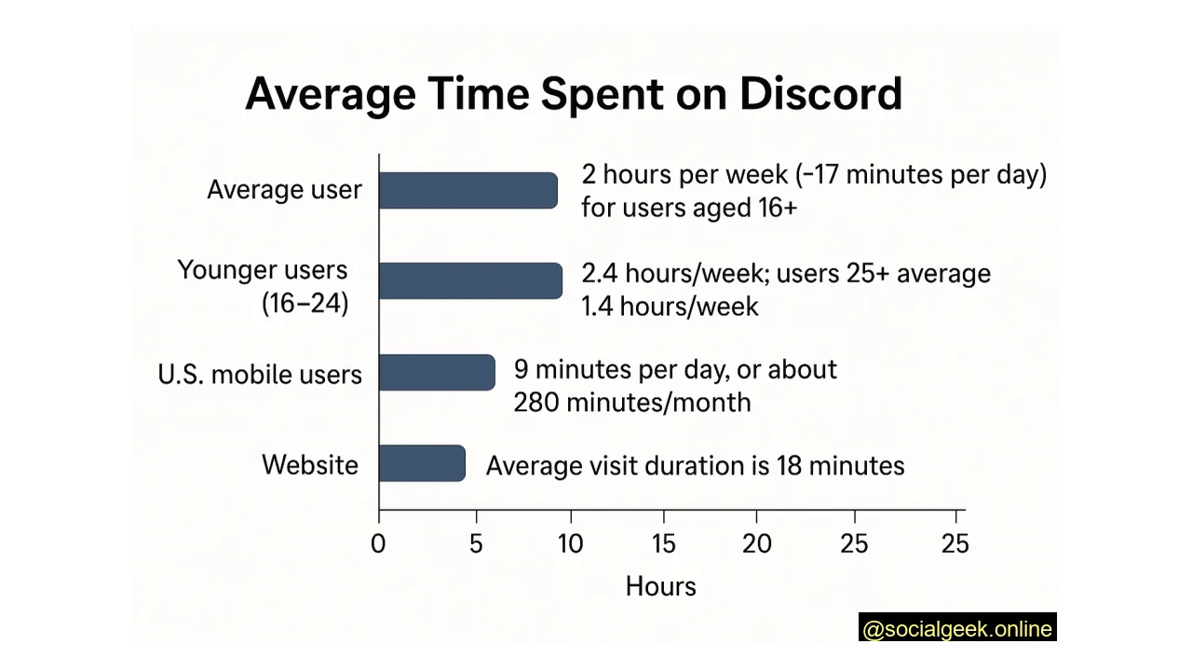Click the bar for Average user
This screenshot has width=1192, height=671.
468,190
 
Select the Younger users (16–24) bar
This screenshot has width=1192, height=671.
470,281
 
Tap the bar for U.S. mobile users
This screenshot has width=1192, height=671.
437,372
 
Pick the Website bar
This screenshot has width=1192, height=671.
422,463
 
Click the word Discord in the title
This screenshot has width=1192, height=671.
820,94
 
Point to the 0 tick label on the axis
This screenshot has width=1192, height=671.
377,544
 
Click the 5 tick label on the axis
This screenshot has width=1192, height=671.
476,544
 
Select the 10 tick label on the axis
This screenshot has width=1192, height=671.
570,544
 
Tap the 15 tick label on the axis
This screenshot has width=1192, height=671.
663,544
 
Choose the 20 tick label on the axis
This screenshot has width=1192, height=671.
756,544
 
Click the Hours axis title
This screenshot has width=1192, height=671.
660,586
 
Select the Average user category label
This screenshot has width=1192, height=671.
284,190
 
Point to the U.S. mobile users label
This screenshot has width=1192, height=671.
260,375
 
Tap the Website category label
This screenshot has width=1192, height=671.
309,465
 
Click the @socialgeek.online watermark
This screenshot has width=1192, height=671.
957,629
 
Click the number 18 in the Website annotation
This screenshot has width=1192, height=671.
789,466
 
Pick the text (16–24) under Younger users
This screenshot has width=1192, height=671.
305,304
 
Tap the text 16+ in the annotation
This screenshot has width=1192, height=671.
778,208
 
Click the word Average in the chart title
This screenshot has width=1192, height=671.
330,94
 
